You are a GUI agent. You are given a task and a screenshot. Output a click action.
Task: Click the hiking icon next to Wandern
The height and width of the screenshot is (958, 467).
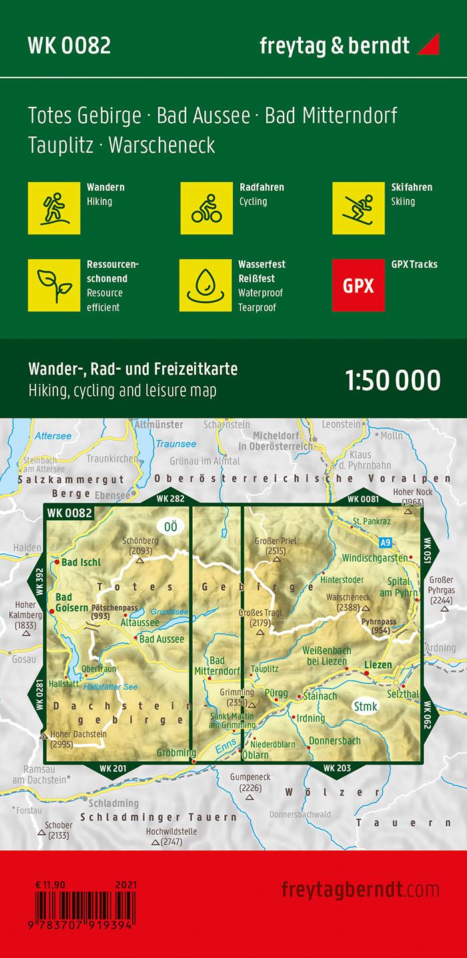click(x=54, y=208)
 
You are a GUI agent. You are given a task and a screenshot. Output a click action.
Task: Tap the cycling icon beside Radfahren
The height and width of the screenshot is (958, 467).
click(x=206, y=208)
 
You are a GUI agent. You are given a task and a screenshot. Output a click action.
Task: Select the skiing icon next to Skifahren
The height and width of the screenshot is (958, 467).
click(x=358, y=208)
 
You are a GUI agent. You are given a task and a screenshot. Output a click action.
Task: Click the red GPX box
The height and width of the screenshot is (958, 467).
click(x=358, y=286)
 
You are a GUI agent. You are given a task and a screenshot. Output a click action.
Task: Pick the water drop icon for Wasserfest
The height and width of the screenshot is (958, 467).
click(x=205, y=286)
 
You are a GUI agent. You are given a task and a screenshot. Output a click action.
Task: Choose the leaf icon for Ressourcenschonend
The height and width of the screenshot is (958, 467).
click(x=54, y=286)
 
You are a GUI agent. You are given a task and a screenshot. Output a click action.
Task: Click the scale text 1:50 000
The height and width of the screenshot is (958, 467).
click(x=392, y=380)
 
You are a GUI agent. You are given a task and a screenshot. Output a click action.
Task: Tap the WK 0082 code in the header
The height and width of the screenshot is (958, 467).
click(x=69, y=45)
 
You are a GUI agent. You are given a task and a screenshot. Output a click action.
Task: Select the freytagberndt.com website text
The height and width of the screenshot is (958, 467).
click(x=360, y=890)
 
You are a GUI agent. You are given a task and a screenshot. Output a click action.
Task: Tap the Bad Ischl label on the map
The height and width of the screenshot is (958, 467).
click(x=81, y=562)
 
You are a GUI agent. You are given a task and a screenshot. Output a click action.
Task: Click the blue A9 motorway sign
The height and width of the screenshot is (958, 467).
click(x=385, y=542)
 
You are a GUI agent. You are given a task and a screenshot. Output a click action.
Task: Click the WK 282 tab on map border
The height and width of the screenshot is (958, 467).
click(x=170, y=499)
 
